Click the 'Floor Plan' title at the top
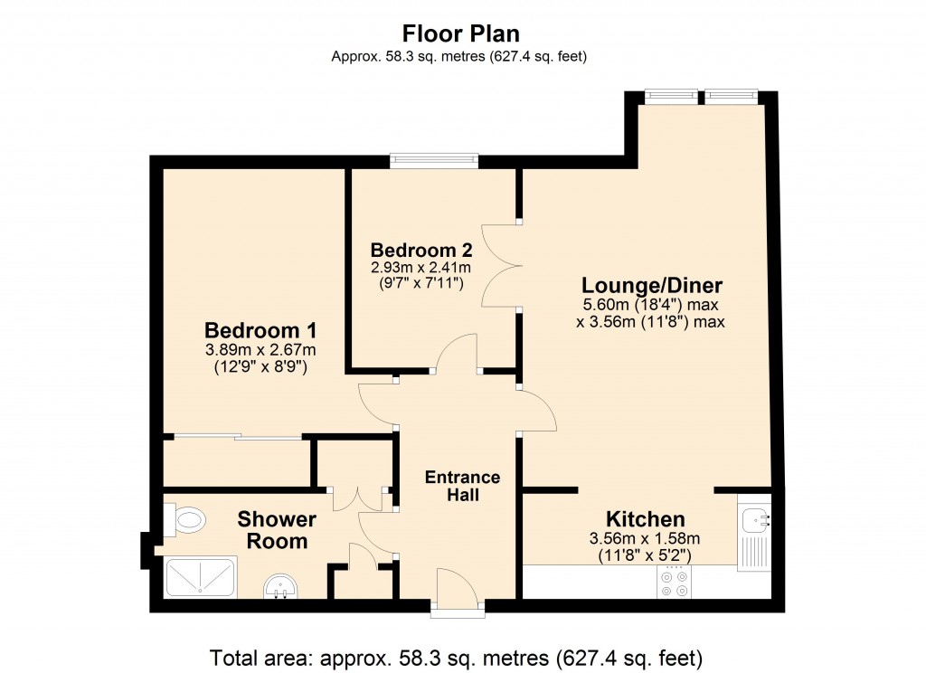tap(461, 34)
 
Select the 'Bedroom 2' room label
tap(421, 250)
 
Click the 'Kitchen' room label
tap(645, 519)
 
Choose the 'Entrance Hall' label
tap(462, 486)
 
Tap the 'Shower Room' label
tap(277, 530)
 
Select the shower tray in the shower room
tap(201, 577)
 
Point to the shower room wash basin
tap(282, 589)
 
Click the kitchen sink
tap(754, 520)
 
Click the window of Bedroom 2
tap(434, 161)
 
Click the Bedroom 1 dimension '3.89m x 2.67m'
tap(260, 350)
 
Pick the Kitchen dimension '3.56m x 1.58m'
tap(645, 540)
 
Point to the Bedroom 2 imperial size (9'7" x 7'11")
tap(421, 284)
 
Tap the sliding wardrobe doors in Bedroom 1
tap(237, 439)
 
